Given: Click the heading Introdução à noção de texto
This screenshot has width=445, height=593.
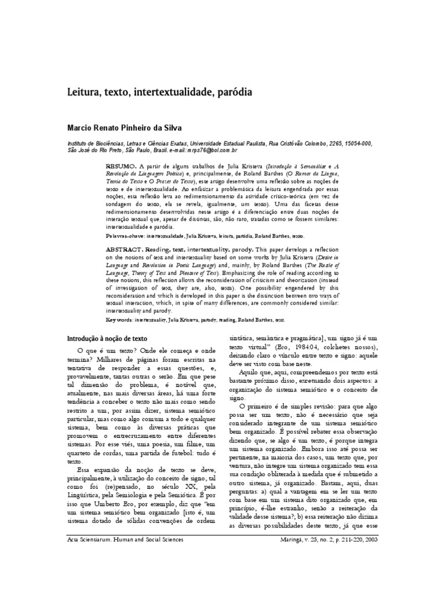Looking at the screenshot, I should [107, 338].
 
